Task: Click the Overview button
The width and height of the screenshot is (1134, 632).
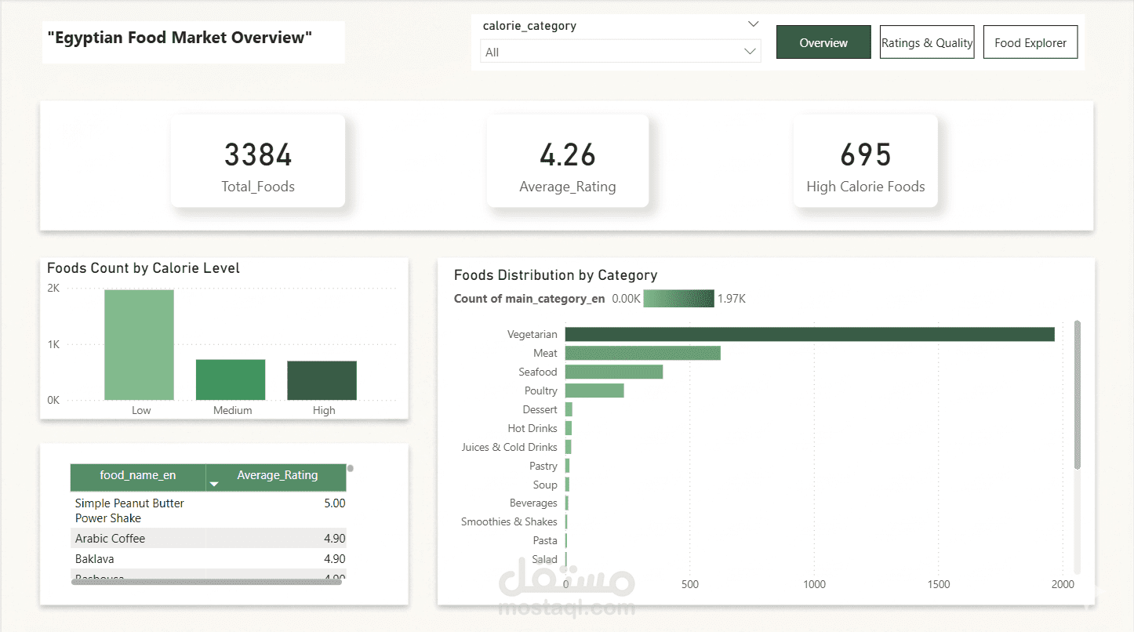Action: [x=823, y=42]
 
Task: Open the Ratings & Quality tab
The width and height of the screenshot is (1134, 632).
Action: [x=926, y=42]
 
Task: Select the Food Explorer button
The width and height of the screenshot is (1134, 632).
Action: [x=1030, y=42]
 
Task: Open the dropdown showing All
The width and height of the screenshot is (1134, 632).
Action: [x=620, y=52]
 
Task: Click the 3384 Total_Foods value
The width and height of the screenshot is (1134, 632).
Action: [x=258, y=154]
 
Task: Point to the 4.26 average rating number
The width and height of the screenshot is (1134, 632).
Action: [x=568, y=154]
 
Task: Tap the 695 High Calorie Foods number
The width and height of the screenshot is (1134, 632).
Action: [x=866, y=154]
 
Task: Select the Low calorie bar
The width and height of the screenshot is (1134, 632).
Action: [x=140, y=344]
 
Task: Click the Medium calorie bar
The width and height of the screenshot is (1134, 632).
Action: [x=231, y=380]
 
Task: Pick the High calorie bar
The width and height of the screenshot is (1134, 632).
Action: [x=322, y=380]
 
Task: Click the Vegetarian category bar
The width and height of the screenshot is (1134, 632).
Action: [x=810, y=334]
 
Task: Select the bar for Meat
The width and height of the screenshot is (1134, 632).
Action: [x=643, y=353]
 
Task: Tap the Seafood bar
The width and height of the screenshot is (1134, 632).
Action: [x=614, y=372]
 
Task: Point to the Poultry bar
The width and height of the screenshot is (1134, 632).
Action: [x=594, y=390]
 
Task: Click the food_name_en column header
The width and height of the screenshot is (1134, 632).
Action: [x=138, y=475]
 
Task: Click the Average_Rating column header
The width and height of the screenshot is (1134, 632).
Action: [x=276, y=475]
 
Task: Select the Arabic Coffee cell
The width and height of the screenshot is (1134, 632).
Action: [x=110, y=539]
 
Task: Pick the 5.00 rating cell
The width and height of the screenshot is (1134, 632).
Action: [x=335, y=503]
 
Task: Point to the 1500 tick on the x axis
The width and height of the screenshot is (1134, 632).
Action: [x=938, y=584]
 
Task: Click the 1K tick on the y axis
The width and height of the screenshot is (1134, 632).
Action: [x=53, y=344]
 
